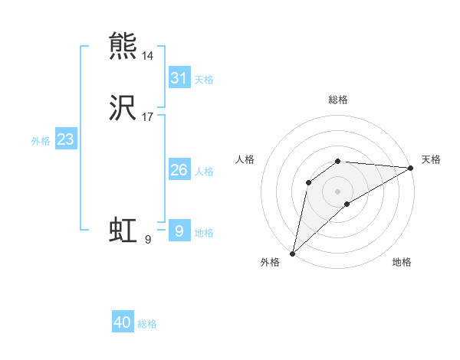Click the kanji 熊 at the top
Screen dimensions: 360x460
click(x=123, y=46)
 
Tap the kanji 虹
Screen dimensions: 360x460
click(x=123, y=231)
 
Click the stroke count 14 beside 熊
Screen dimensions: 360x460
click(x=147, y=57)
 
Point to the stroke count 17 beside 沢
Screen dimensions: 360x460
click(x=147, y=118)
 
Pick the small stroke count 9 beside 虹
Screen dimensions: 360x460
click(x=148, y=241)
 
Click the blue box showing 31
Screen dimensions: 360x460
click(x=179, y=78)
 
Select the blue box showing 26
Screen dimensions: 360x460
click(x=179, y=170)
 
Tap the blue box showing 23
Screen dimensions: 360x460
click(x=66, y=139)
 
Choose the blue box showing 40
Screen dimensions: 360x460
click(x=123, y=322)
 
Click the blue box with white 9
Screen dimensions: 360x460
click(x=179, y=231)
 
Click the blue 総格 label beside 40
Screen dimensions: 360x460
click(x=147, y=324)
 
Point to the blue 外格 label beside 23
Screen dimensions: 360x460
click(x=41, y=141)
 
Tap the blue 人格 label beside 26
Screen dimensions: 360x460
click(x=204, y=172)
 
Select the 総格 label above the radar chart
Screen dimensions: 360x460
click(x=338, y=100)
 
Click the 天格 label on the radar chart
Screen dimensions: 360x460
click(x=431, y=159)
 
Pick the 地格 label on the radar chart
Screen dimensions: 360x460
click(x=402, y=262)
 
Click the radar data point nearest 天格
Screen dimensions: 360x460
click(x=411, y=168)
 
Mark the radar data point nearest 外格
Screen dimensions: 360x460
click(x=292, y=253)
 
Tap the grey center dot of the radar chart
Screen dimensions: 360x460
click(x=337, y=191)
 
